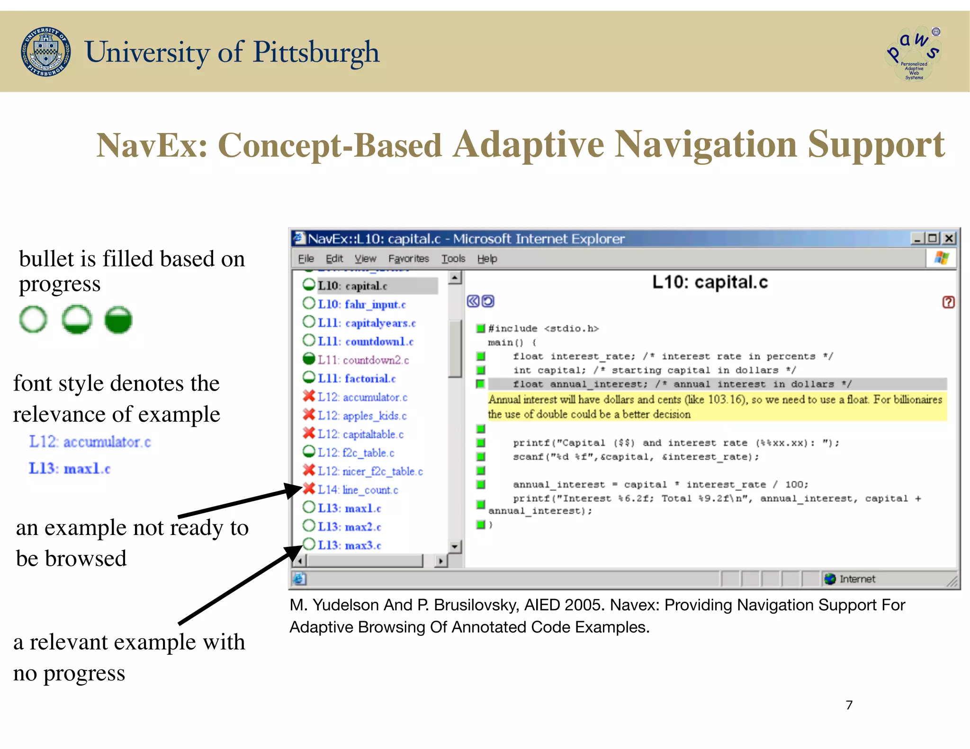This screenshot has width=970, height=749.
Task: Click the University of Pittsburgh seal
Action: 46,52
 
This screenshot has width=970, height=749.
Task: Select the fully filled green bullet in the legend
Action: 118,320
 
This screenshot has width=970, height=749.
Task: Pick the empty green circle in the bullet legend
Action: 33,320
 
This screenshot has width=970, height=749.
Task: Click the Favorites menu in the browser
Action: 408,259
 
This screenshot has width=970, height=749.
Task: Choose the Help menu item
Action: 487,259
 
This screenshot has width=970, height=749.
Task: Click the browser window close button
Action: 949,238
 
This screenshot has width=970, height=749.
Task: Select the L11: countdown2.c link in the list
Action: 363,360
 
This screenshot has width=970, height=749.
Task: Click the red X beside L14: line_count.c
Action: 309,489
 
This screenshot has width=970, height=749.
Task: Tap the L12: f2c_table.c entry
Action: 356,453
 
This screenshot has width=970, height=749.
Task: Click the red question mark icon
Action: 948,302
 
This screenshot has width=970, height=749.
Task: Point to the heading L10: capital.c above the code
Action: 710,282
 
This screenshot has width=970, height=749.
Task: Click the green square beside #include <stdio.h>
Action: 480,328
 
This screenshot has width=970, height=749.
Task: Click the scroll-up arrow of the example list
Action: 455,277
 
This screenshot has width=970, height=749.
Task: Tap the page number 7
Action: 849,705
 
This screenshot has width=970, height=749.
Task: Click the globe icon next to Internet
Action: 830,579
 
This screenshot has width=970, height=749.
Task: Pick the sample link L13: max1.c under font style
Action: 70,468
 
